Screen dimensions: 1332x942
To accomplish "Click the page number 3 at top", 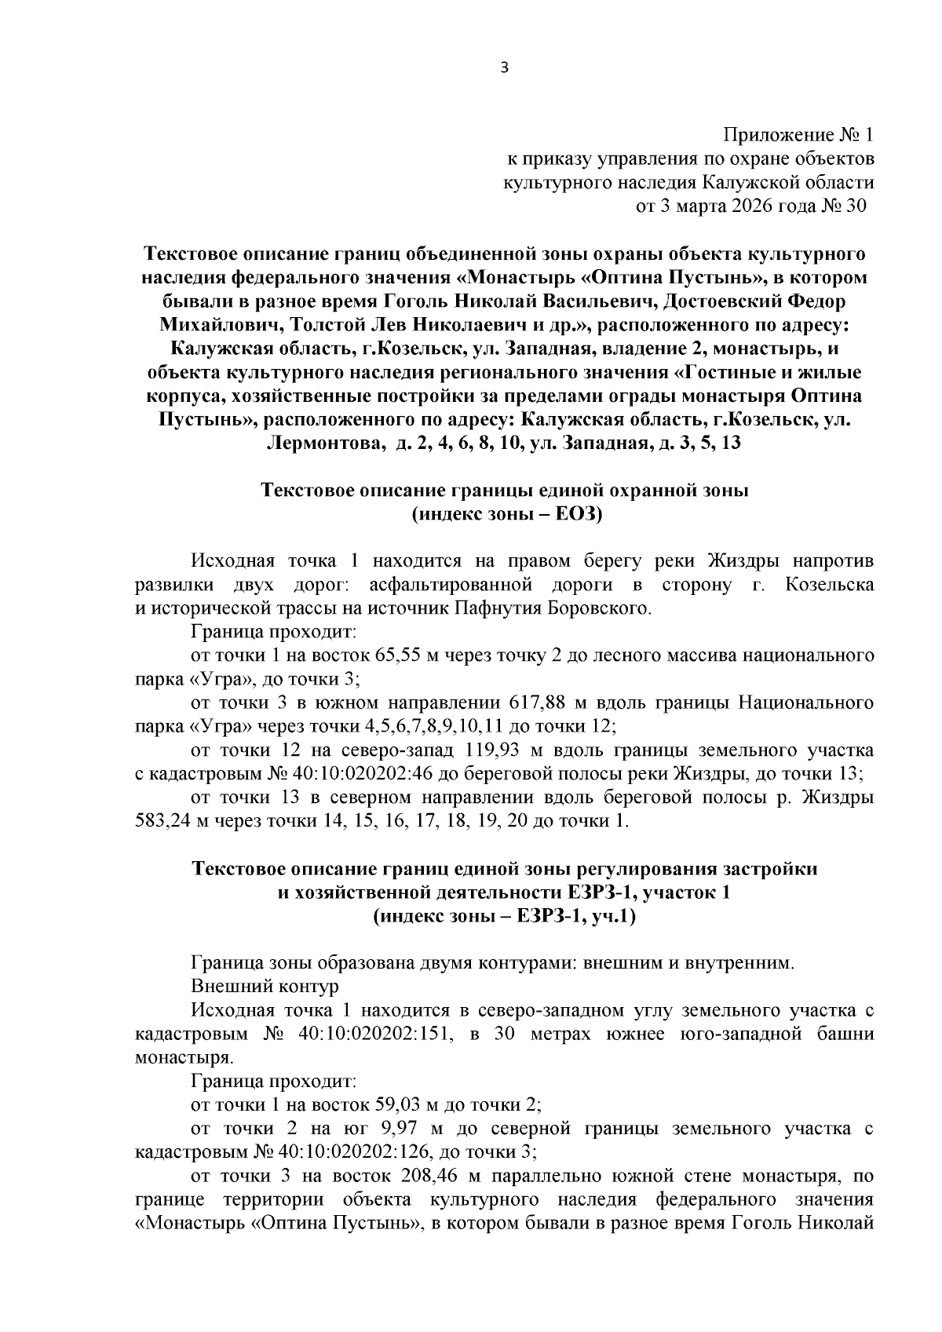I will click(x=505, y=68).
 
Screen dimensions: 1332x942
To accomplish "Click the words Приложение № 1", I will click(x=798, y=136).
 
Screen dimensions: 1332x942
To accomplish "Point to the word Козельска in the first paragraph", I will click(x=830, y=585).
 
